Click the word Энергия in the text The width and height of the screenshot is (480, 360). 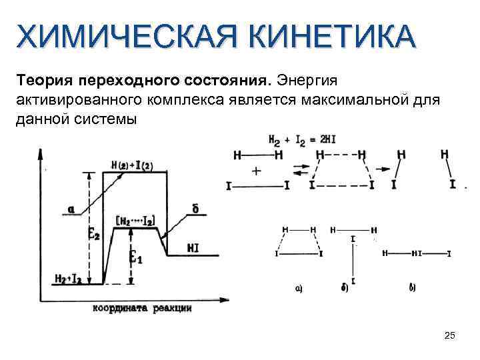[x=306, y=81]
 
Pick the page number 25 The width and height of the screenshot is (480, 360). [x=449, y=335]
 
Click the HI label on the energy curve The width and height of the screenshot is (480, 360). [x=193, y=248]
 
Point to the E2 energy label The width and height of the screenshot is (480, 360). [x=95, y=233]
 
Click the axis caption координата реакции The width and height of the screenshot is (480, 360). [x=142, y=308]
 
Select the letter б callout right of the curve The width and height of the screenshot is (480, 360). [x=195, y=209]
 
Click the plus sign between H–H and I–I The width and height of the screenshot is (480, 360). [x=256, y=171]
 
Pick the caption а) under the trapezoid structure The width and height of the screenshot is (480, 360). [x=298, y=289]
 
